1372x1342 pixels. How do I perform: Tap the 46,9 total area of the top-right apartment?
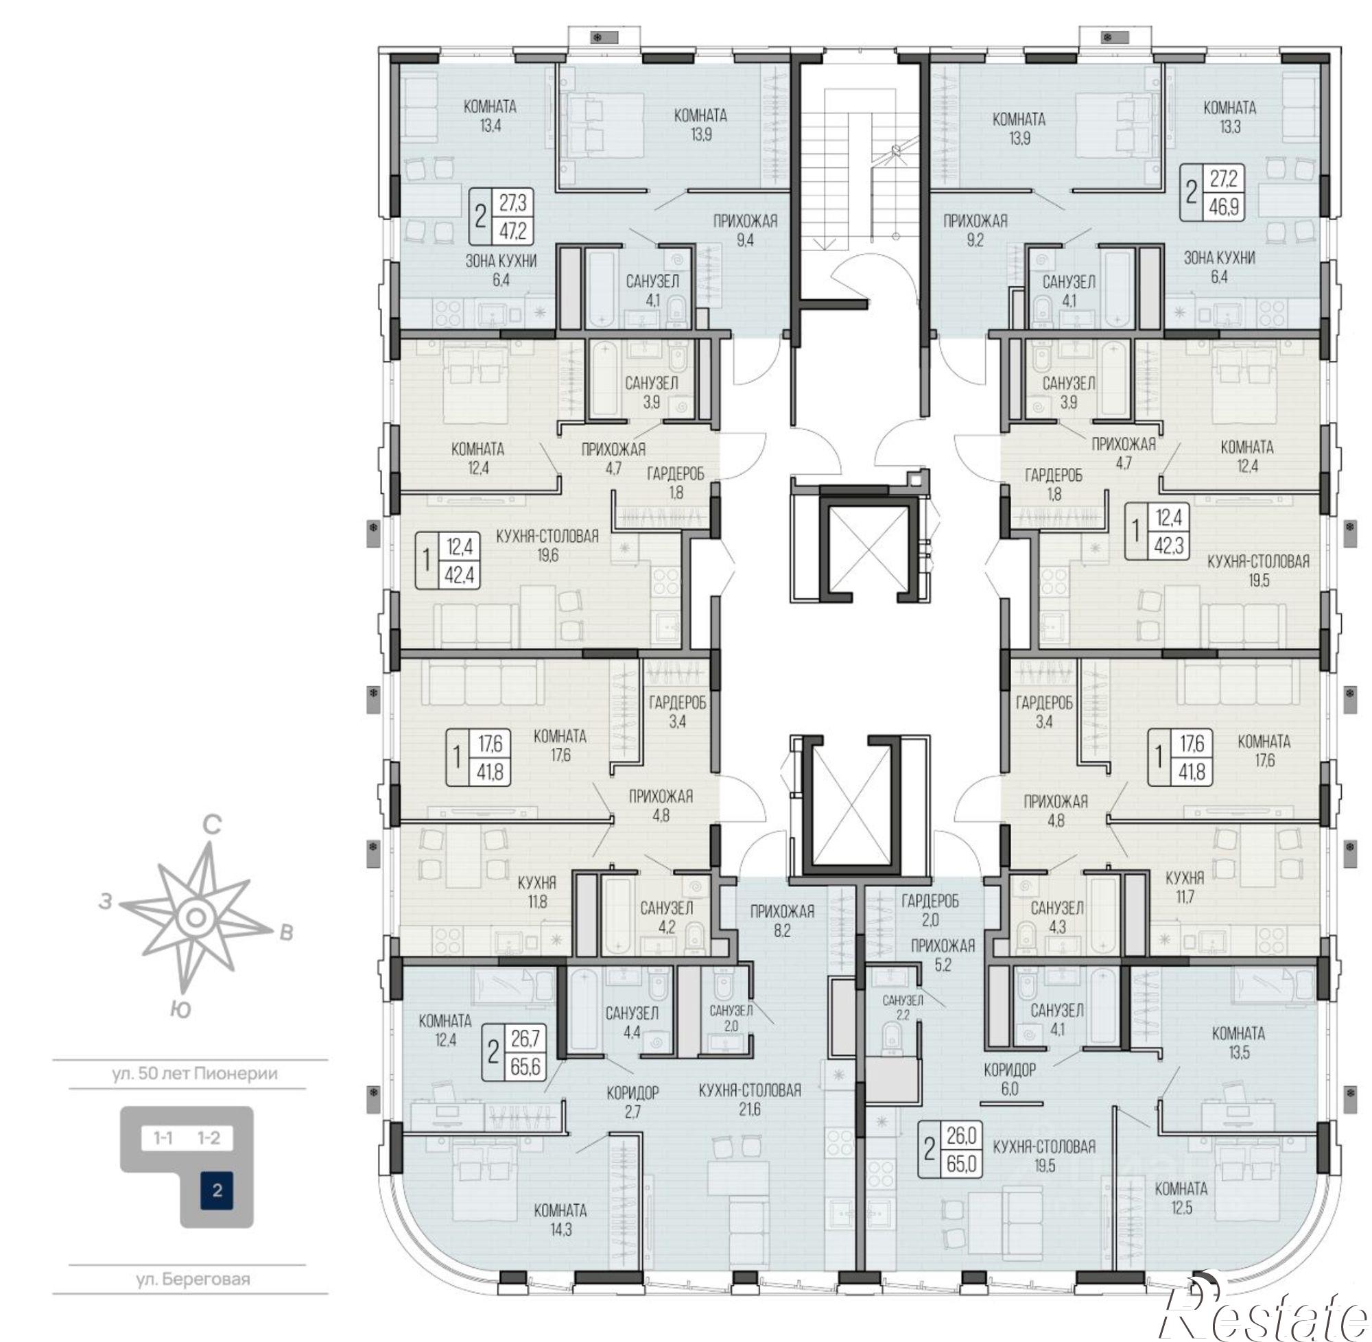[1224, 207]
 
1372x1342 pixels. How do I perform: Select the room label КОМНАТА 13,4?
[490, 117]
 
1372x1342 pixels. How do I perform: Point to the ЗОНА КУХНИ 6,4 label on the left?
[501, 270]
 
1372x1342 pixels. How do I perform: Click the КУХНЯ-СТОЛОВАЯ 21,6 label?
[750, 1100]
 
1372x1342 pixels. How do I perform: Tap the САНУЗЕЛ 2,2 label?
[903, 1007]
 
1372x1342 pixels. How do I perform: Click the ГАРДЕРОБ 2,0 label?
[930, 910]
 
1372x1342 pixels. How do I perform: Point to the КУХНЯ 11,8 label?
[537, 892]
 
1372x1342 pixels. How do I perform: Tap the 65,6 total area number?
[525, 1066]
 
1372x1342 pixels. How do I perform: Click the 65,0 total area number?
[962, 1163]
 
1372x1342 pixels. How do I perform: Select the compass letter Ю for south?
[180, 1010]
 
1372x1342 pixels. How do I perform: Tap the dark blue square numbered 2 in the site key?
[216, 1190]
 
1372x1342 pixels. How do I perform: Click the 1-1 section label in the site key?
[163, 1138]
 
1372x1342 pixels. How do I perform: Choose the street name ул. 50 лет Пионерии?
[195, 1074]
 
